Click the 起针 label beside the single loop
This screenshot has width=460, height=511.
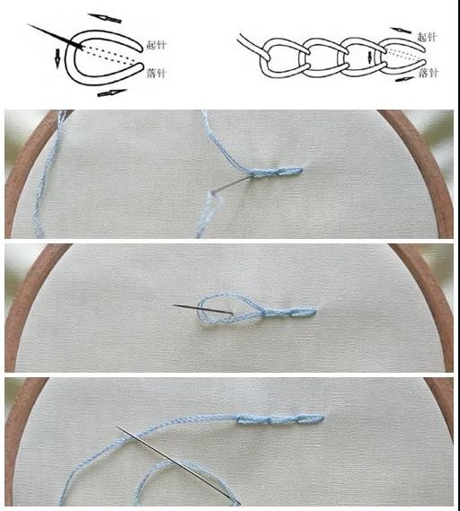pyautogui.click(x=156, y=45)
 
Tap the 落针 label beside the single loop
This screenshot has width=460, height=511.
pyautogui.click(x=156, y=73)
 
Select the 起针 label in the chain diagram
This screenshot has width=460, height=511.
pyautogui.click(x=427, y=37)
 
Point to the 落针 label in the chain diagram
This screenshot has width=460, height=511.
pyautogui.click(x=429, y=73)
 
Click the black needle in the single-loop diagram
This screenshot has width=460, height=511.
pyautogui.click(x=55, y=37)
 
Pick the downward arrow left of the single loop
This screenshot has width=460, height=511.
pyautogui.click(x=57, y=58)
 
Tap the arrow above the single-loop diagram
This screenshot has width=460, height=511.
pyautogui.click(x=104, y=18)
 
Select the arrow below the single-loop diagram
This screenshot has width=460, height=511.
pyautogui.click(x=111, y=93)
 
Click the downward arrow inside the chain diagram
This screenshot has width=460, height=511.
pyautogui.click(x=370, y=57)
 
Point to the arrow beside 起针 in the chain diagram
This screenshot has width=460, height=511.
pyautogui.click(x=401, y=30)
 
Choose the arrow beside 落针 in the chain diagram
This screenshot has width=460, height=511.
pyautogui.click(x=405, y=79)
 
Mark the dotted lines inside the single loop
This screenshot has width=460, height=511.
pyautogui.click(x=110, y=55)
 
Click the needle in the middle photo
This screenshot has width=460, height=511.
pyautogui.click(x=203, y=310)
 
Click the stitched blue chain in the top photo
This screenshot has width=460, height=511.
pyautogui.click(x=278, y=172)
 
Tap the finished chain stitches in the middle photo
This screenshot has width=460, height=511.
pyautogui.click(x=288, y=313)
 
